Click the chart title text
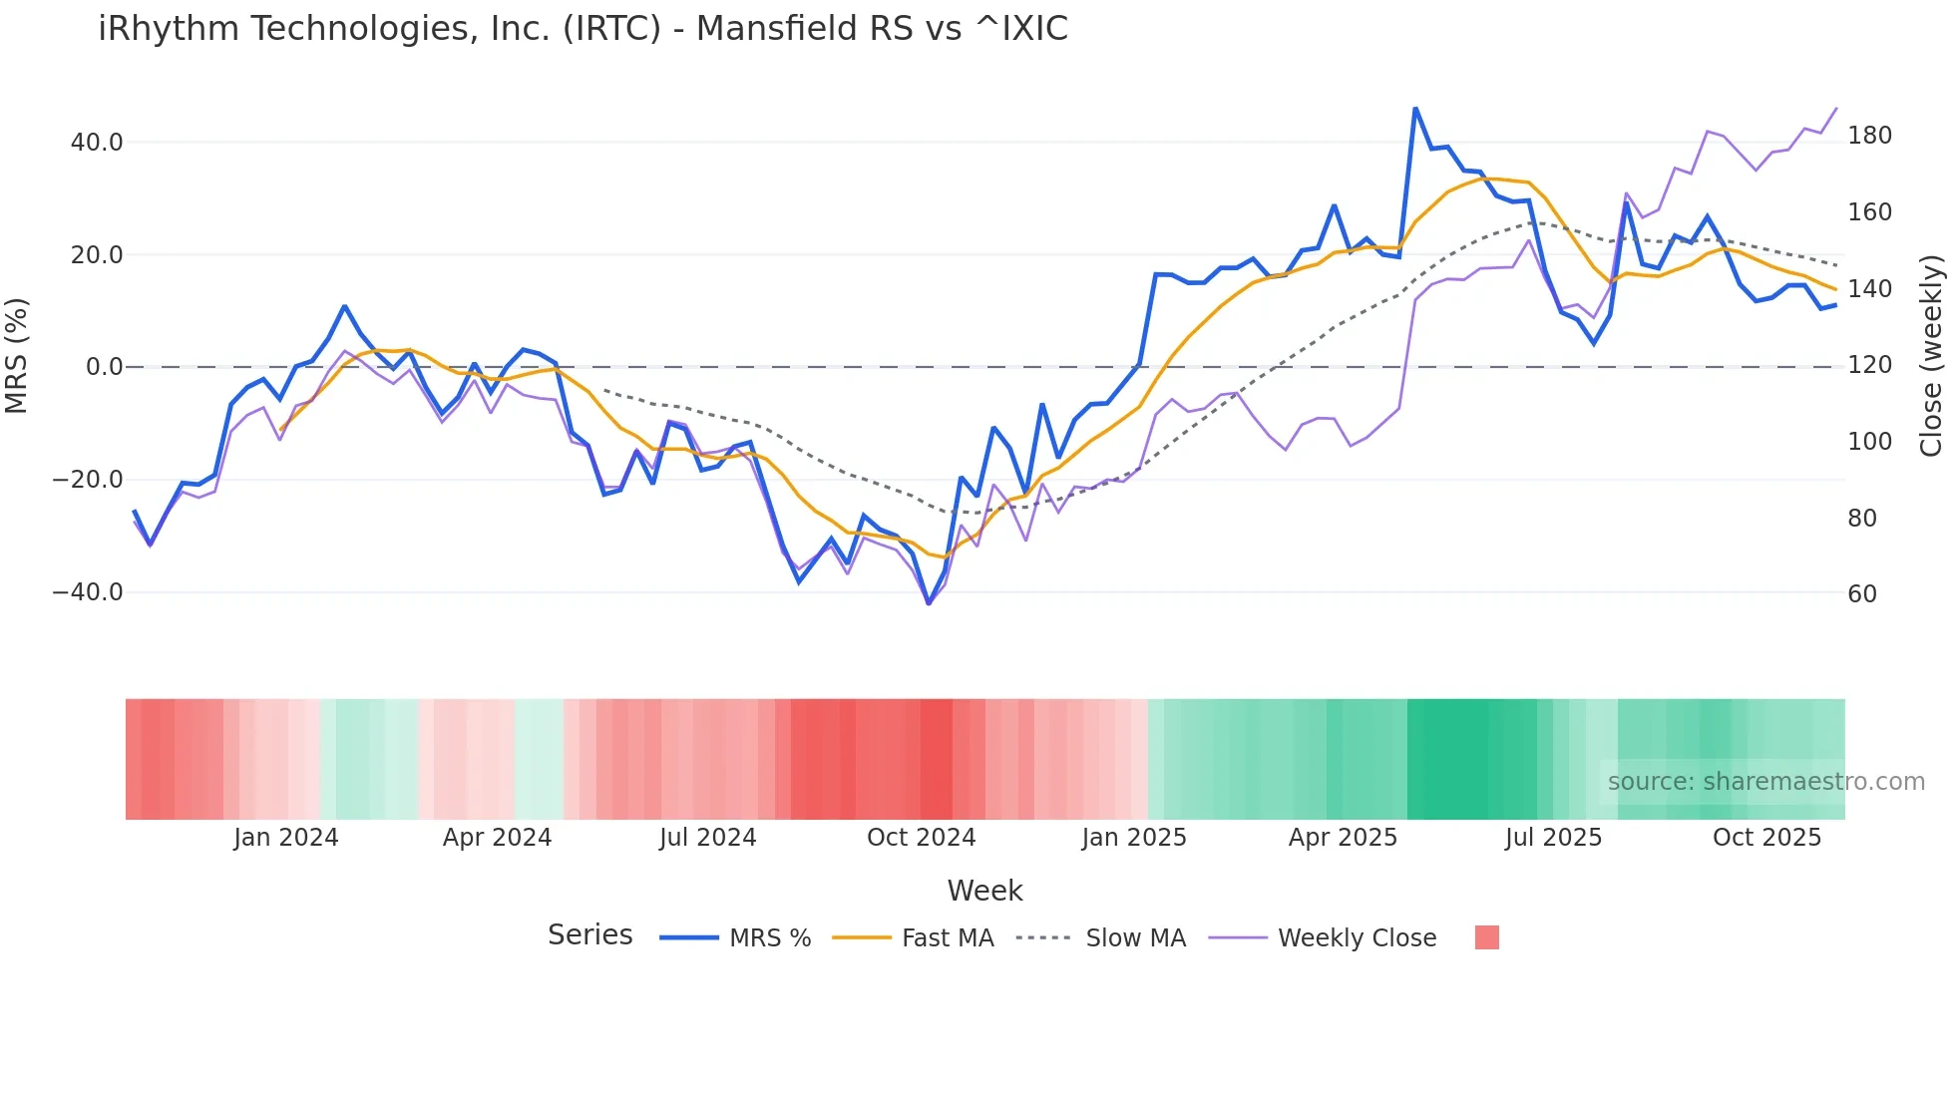point(583,29)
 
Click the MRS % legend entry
point(769,938)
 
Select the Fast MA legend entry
point(947,938)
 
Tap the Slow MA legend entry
point(1135,938)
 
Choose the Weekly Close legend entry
point(1357,938)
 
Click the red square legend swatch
point(1486,937)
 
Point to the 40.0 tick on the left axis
point(97,143)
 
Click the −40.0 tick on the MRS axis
point(88,592)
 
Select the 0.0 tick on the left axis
point(104,367)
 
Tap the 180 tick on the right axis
point(1869,136)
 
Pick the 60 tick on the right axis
point(1862,594)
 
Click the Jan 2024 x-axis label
point(286,838)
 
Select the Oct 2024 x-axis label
point(921,838)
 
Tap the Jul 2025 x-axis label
point(1553,838)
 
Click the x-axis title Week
point(984,891)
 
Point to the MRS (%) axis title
point(17,355)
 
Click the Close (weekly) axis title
point(1931,355)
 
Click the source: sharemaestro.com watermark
point(1765,782)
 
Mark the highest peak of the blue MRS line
point(1415,108)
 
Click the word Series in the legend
point(589,935)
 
